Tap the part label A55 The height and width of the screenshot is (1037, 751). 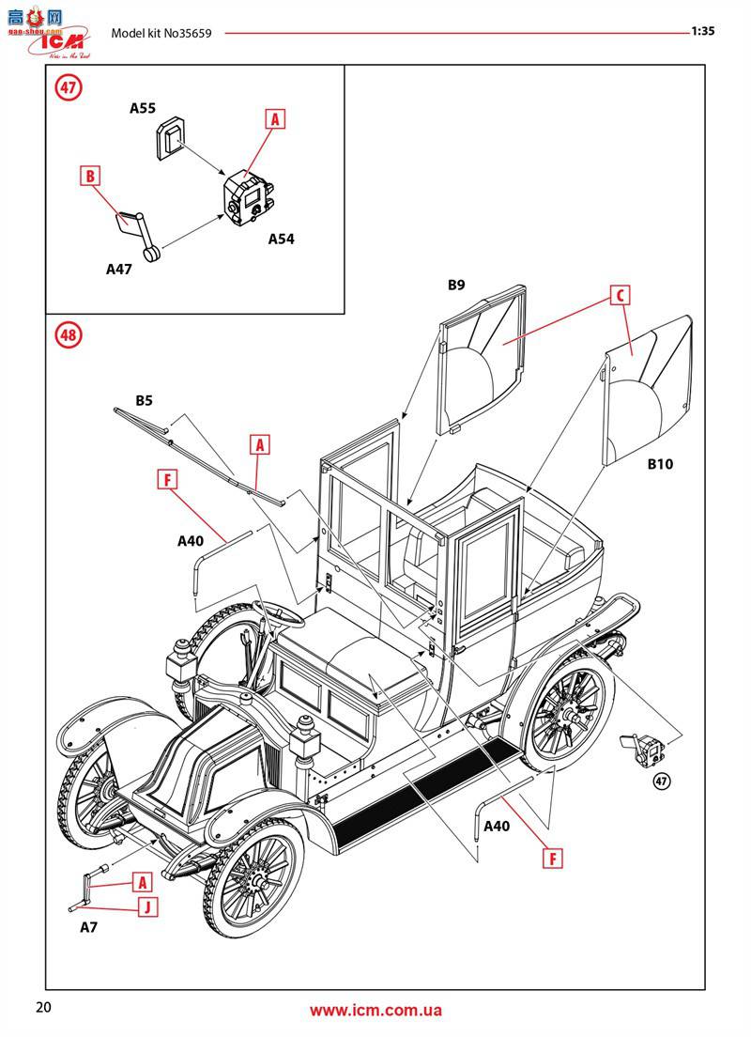tap(143, 108)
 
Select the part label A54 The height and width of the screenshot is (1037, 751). tap(281, 239)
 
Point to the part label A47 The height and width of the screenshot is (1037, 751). tap(118, 268)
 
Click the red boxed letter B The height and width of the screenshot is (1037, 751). tap(90, 176)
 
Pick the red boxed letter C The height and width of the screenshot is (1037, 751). tap(619, 295)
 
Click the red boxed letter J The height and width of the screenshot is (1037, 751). tap(146, 906)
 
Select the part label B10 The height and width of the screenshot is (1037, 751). tap(659, 464)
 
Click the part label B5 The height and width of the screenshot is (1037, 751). tap(144, 400)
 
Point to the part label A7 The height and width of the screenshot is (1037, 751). tap(88, 927)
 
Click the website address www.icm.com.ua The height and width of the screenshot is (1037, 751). tap(375, 1011)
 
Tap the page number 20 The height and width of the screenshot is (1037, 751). tap(43, 1008)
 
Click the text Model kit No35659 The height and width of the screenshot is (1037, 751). tap(161, 33)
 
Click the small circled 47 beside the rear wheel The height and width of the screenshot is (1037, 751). tap(662, 782)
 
